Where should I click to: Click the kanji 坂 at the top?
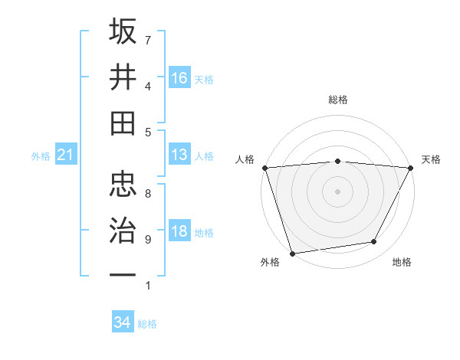coord(123,32)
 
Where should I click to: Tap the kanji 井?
coord(123,77)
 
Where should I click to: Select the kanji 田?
coord(123,123)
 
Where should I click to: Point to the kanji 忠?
coord(123,184)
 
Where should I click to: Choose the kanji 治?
coord(123,230)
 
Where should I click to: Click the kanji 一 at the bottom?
coord(123,274)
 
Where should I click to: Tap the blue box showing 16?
coord(179,77)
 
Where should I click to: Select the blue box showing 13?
coord(179,155)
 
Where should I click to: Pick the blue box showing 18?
coord(179,232)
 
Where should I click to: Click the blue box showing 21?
coord(65,155)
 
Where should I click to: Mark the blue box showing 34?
coord(123,322)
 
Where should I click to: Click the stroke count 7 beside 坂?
coord(148,40)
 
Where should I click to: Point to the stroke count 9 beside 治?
coord(148,240)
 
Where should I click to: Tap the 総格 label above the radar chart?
coord(338,100)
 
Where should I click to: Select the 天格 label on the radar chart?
coord(431,159)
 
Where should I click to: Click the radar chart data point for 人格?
coord(264,167)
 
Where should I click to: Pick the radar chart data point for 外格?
coord(292,253)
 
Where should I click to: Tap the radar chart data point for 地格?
coord(374,242)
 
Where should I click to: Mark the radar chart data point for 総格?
coord(338,161)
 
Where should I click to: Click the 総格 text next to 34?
coord(148,324)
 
